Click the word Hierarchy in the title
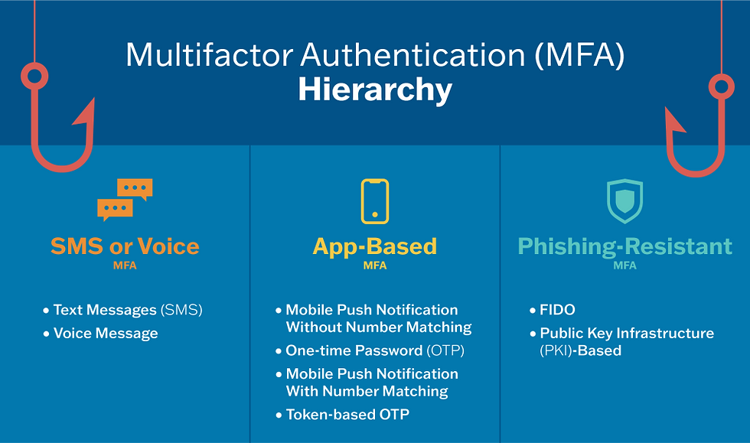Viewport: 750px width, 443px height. click(375, 90)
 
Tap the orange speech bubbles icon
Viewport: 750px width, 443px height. click(125, 198)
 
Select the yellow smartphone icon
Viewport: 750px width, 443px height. click(375, 201)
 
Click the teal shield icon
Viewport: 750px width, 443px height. click(624, 201)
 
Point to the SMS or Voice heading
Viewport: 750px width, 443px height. click(125, 246)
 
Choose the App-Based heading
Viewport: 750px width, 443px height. click(375, 246)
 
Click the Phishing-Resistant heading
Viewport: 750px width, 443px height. click(624, 246)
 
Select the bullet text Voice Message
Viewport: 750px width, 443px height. click(106, 334)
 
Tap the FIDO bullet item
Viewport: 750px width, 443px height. click(557, 311)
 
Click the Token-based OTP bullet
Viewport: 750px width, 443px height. click(347, 415)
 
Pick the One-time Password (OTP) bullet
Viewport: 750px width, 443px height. click(375, 350)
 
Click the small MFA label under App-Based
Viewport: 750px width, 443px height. click(375, 266)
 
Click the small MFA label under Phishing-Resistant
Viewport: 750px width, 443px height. click(624, 266)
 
